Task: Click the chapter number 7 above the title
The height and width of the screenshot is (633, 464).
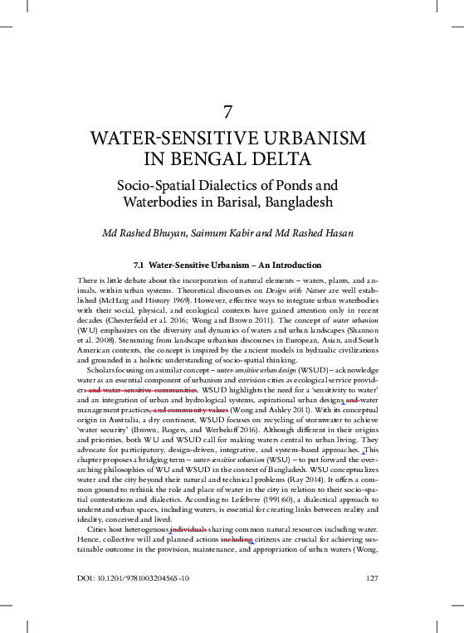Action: point(232,111)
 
